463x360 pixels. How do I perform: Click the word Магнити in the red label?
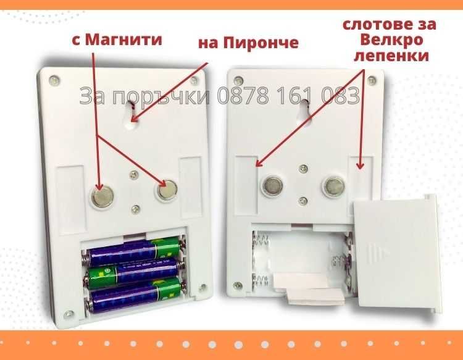pyautogui.click(x=123, y=40)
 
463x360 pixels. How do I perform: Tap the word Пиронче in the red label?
pyautogui.click(x=261, y=42)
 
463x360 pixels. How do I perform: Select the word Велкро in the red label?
pyautogui.click(x=392, y=40)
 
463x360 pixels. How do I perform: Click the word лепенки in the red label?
pyautogui.click(x=391, y=55)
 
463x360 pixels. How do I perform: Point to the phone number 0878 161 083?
pyautogui.click(x=288, y=96)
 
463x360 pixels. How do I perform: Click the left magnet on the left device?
pyautogui.click(x=102, y=196)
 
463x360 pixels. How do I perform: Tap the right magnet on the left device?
pyautogui.click(x=167, y=190)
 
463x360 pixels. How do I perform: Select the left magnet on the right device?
pyautogui.click(x=272, y=185)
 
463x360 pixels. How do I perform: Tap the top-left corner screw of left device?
pyautogui.click(x=54, y=80)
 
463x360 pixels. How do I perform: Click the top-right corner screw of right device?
pyautogui.click(x=371, y=80)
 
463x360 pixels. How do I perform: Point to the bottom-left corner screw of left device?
pyautogui.click(x=69, y=314)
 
